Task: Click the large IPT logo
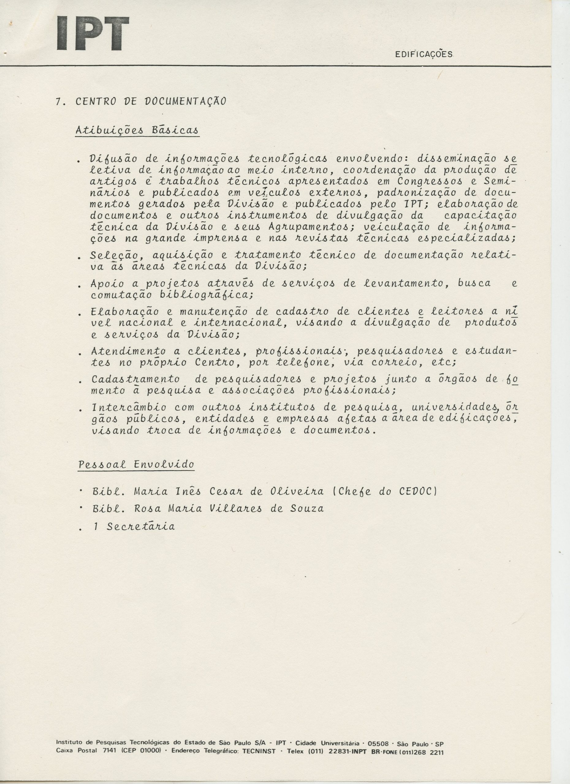pos(93,34)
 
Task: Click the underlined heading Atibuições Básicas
pos(137,131)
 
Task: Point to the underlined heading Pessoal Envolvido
pos(136,464)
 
